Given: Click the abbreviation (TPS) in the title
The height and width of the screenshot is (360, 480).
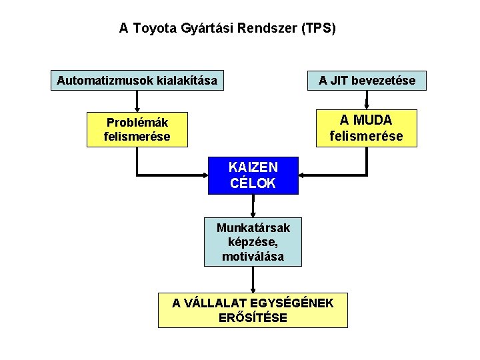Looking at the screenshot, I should click(x=319, y=29).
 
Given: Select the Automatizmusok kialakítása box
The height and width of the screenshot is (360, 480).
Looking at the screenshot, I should click(x=137, y=81).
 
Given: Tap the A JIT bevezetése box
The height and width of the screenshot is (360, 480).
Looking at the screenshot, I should click(x=367, y=81).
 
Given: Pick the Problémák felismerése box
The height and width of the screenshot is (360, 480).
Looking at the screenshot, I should click(x=137, y=129).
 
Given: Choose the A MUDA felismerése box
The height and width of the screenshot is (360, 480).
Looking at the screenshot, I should click(x=366, y=128).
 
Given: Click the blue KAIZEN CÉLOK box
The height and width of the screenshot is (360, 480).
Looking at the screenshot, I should click(x=253, y=175).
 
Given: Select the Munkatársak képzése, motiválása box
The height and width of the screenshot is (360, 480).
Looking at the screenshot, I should click(x=253, y=242).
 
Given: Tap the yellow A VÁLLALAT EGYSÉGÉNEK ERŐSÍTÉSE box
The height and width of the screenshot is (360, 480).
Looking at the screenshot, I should click(x=253, y=310).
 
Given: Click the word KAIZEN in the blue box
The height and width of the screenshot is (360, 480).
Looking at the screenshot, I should click(x=253, y=167).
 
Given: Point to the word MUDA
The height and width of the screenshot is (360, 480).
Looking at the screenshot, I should click(x=375, y=121).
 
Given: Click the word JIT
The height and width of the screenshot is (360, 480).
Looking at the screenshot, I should click(x=339, y=81).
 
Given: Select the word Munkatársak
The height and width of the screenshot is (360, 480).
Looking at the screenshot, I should click(x=253, y=228).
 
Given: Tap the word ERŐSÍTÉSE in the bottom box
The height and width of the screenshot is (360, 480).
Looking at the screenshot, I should click(x=253, y=318).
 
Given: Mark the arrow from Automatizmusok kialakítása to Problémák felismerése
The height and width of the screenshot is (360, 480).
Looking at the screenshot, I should click(x=137, y=101).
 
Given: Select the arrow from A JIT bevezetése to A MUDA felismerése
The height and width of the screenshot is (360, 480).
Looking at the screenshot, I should click(x=367, y=100).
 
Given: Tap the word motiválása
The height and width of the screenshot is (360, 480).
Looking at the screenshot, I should click(x=253, y=256).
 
